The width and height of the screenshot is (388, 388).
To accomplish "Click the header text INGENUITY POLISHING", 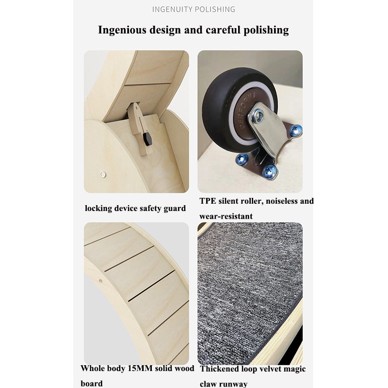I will point(194,9).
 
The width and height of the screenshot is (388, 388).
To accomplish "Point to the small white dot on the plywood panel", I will point(102,173).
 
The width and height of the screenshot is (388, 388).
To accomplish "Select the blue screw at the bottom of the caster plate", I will point(269,170).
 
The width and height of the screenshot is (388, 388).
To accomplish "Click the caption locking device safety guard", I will point(135,209).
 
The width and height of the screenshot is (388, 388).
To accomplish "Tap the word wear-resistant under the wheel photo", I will point(226,216).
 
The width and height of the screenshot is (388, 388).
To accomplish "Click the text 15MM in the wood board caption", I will point(140,369).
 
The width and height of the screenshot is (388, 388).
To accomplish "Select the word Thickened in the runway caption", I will point(222,369).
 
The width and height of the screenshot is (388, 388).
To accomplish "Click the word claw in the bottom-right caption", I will point(209,384).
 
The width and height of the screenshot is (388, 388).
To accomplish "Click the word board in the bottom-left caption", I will point(92,384).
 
